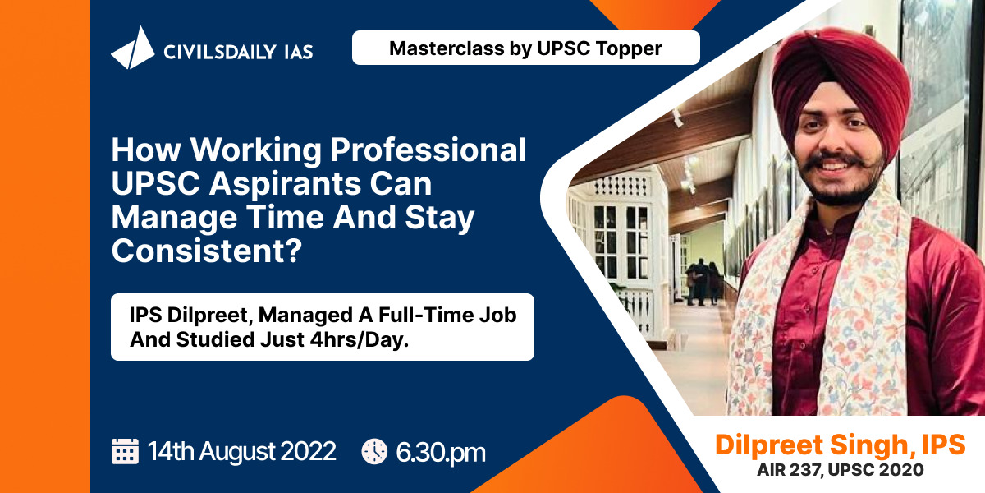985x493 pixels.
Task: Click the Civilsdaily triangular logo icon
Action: click(x=133, y=48)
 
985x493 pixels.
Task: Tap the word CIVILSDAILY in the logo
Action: click(x=220, y=53)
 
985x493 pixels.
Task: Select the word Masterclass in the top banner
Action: click(x=447, y=48)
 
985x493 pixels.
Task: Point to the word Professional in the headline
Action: click(x=428, y=150)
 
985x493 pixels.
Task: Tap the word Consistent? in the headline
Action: click(x=207, y=251)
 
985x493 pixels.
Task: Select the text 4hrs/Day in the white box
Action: click(x=359, y=340)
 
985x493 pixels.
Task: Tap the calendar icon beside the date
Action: click(x=125, y=451)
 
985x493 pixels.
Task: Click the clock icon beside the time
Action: click(x=374, y=451)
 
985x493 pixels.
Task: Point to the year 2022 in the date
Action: click(x=308, y=452)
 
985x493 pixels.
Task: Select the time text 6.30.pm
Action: click(x=441, y=453)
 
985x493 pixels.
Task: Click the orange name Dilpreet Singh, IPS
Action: click(x=841, y=445)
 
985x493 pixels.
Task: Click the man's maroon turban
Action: click(x=840, y=79)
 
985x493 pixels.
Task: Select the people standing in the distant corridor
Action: click(x=703, y=282)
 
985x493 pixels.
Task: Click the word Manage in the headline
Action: click(x=174, y=218)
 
